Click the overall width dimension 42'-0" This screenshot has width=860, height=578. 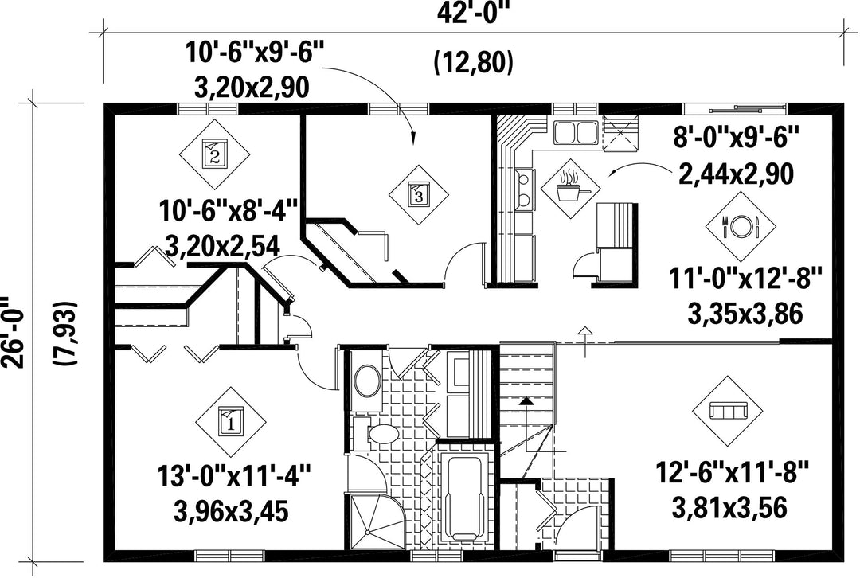474,14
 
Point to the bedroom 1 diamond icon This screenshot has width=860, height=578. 231,422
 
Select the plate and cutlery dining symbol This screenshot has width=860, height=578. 740,225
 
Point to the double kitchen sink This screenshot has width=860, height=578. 574,132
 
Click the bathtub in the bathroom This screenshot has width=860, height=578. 464,499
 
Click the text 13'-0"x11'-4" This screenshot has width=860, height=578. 234,475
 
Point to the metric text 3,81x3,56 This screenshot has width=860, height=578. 729,507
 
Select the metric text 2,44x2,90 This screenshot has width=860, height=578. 736,174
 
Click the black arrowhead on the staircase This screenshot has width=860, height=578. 526,400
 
